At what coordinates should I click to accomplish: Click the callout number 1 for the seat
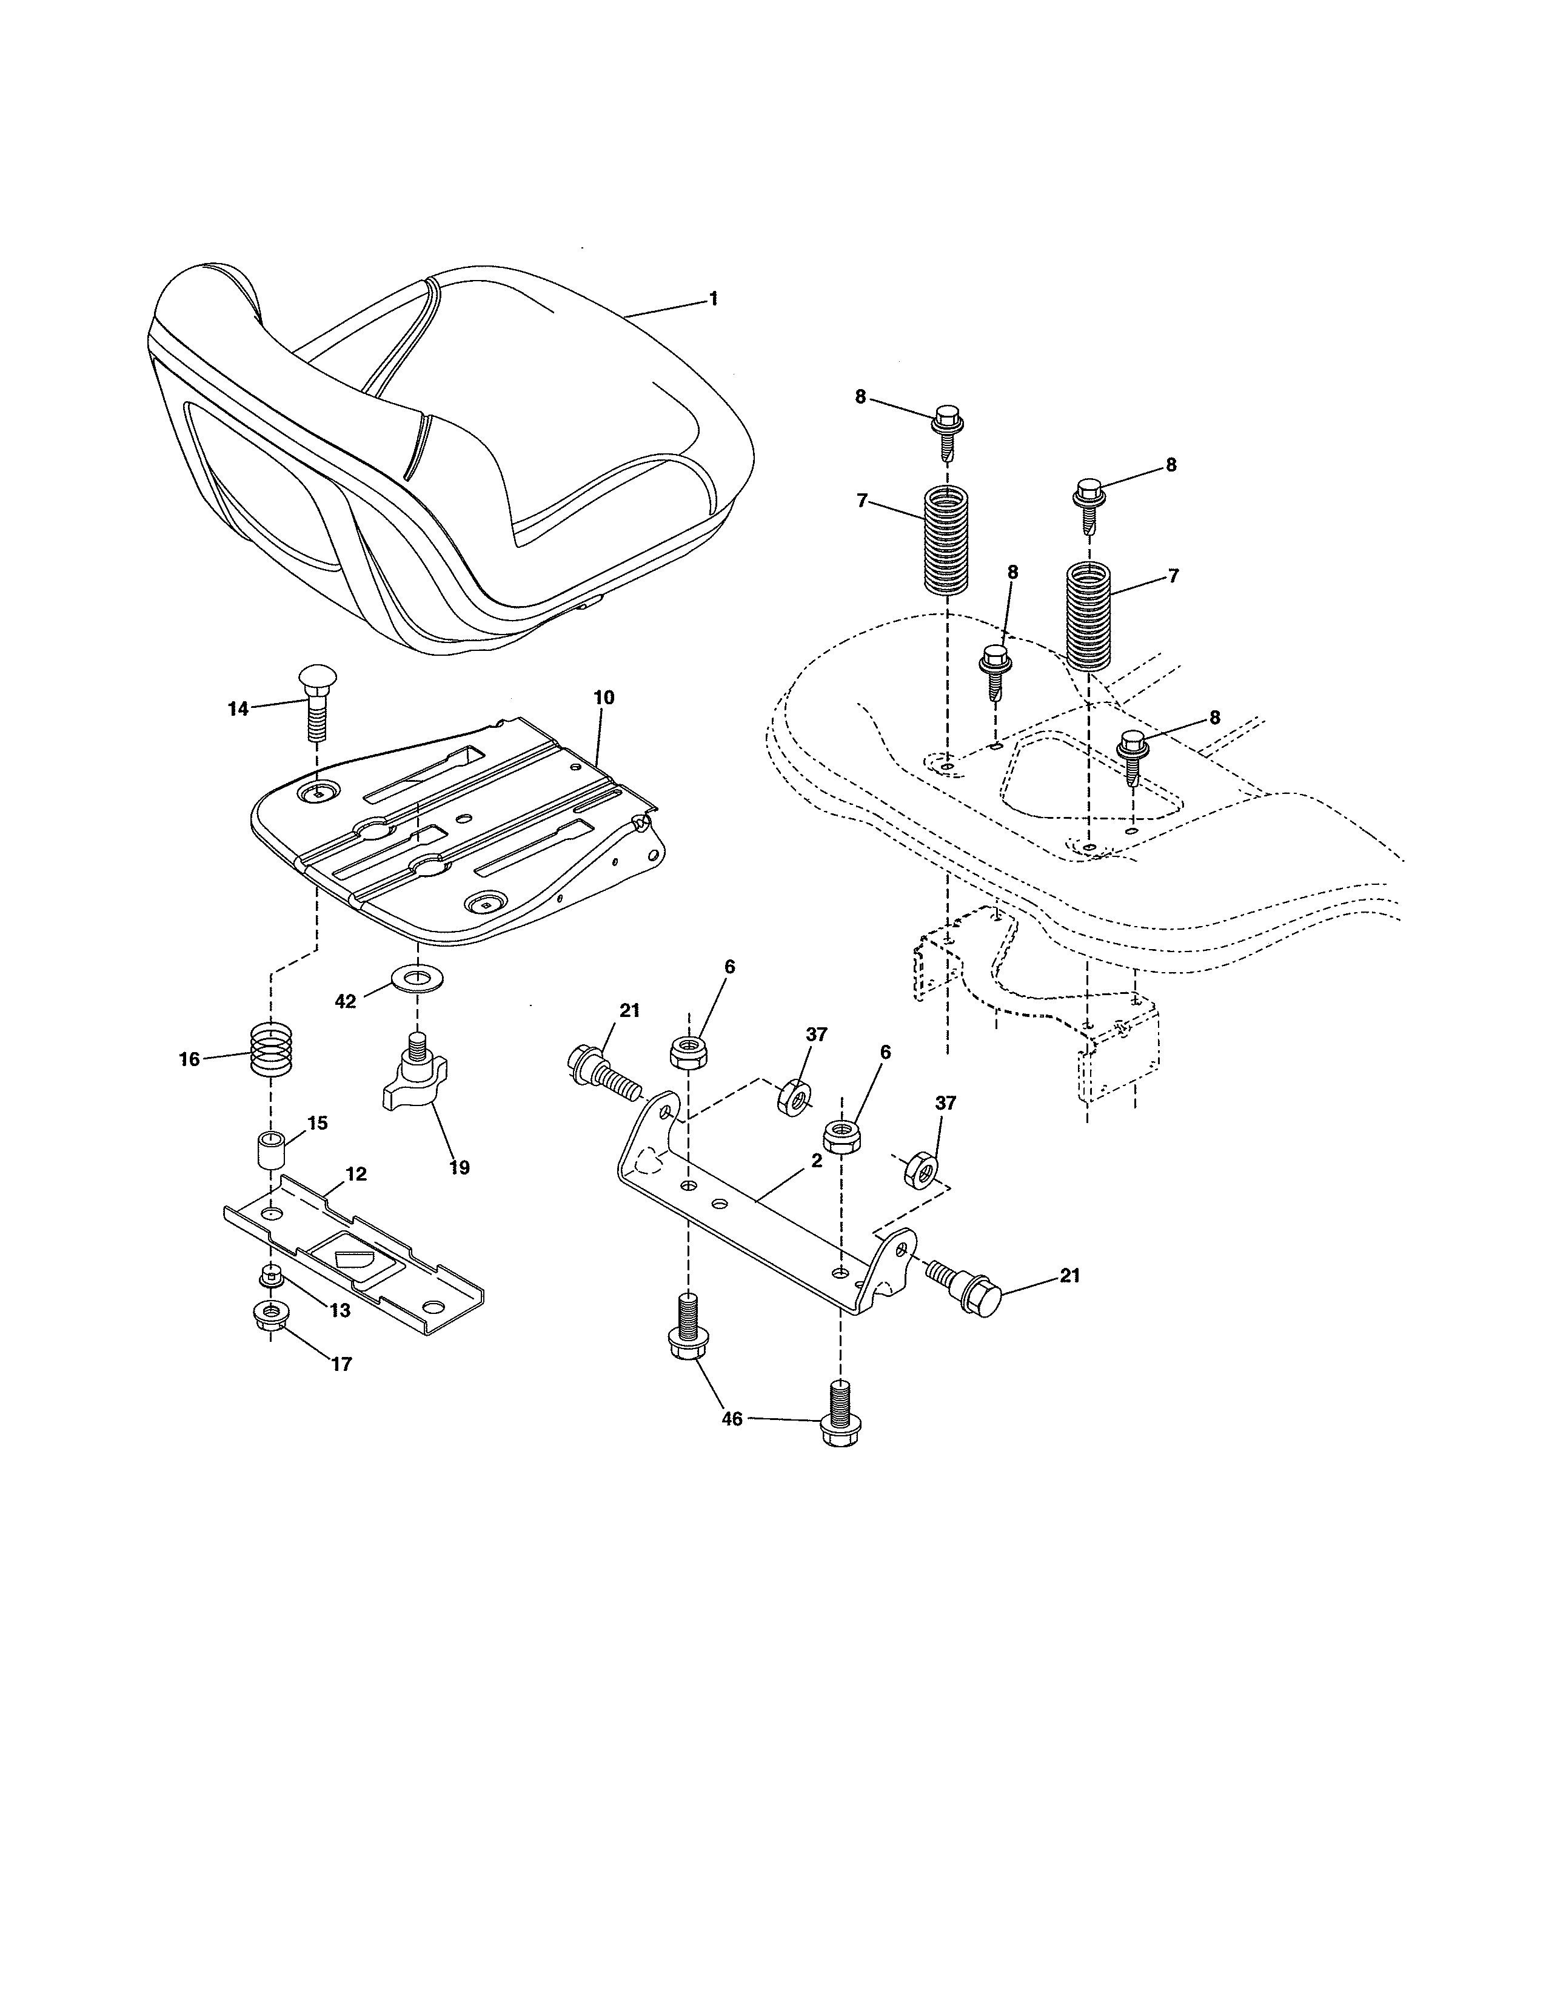[x=714, y=299]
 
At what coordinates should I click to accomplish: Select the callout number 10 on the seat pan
[x=604, y=697]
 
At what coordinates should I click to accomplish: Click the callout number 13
[x=339, y=1310]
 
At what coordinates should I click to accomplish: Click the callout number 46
[x=732, y=1419]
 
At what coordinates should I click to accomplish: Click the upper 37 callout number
[x=816, y=1034]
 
